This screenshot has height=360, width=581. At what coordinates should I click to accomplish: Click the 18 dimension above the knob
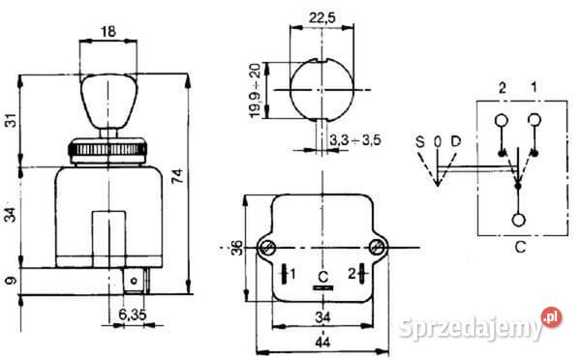coord(107,32)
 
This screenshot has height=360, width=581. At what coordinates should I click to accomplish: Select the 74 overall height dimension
coord(178,175)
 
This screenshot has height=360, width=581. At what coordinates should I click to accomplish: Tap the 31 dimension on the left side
coord(12,120)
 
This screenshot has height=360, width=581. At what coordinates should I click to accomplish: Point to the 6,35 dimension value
coord(133,315)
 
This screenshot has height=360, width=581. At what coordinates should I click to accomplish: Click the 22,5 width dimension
coord(322,17)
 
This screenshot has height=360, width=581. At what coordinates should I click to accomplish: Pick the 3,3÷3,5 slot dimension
coord(355,140)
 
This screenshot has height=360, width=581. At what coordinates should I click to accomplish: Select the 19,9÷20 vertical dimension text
coord(256,90)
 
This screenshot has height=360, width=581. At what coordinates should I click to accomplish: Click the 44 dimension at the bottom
coord(322,343)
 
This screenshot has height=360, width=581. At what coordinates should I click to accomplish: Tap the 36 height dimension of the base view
coord(237,248)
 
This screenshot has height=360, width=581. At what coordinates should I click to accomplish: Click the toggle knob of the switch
coord(108,101)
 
